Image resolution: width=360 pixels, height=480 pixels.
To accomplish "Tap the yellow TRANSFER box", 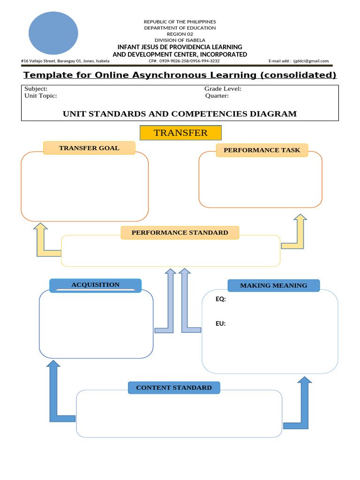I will pos(180,133).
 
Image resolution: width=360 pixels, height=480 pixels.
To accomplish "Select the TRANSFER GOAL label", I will pos(89,148).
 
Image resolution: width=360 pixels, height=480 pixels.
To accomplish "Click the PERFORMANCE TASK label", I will pos(262,150).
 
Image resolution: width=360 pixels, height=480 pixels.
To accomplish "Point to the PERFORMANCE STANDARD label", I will pos(180,232).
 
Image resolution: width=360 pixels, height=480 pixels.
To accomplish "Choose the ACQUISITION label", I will pos(96,285).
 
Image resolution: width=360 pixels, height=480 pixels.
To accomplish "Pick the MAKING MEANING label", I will pos(274,285).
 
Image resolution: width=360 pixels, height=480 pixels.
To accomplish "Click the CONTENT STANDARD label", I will pos(174,388).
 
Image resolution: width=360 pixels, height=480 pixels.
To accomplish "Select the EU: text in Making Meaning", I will pos(221,323).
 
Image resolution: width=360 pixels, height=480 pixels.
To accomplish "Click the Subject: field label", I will pos(36,89).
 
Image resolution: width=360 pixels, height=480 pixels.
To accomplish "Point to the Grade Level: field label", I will pos(223,89).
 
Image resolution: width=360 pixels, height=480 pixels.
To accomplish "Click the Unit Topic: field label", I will pos(40,96).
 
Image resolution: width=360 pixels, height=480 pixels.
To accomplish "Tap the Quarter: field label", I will pos(217,96).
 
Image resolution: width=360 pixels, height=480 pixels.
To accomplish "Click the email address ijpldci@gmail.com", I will pos(311,61).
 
